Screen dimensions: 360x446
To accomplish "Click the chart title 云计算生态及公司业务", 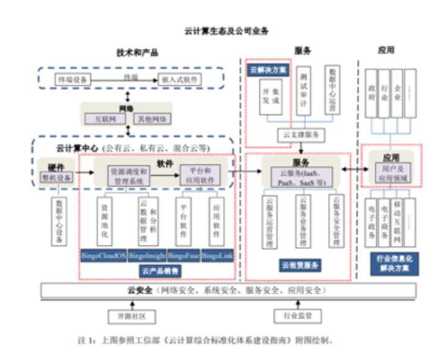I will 223,29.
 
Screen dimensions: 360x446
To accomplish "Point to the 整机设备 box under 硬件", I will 58,177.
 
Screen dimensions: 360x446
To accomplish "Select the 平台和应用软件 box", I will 200,173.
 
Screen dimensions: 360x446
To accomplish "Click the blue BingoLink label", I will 218,255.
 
